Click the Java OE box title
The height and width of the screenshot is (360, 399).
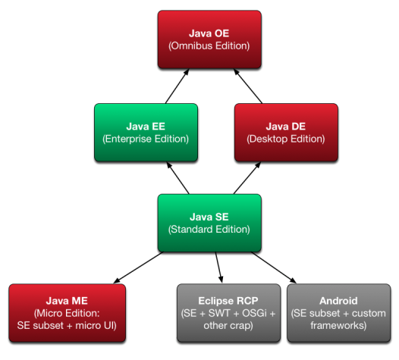[x=209, y=33]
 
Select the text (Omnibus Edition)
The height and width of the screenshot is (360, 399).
[x=209, y=46]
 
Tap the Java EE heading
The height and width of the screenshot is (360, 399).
[x=146, y=127]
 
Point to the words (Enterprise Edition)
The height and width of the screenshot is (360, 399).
[x=146, y=139]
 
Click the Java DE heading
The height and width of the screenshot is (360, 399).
[x=286, y=127]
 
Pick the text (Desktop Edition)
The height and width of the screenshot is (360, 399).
[x=286, y=139]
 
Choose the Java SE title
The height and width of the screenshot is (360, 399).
[x=209, y=217]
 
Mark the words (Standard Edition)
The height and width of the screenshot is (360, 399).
[x=209, y=230]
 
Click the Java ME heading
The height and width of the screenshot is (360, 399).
[x=67, y=301]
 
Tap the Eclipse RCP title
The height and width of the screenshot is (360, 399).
[x=228, y=301]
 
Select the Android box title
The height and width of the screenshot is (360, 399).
[x=338, y=301]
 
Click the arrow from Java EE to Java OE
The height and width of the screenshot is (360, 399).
[x=177, y=86]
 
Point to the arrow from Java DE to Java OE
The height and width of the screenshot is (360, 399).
[x=248, y=86]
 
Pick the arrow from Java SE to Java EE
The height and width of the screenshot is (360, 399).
[x=178, y=178]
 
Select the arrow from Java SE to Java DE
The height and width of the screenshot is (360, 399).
[x=247, y=178]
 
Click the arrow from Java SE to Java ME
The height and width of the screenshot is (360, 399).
[x=138, y=268]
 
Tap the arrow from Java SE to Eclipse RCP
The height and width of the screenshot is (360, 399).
[x=219, y=268]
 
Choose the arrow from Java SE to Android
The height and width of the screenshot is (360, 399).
[x=274, y=268]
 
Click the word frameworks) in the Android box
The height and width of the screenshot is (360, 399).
[x=338, y=326]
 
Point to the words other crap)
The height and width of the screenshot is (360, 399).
[x=228, y=326]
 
